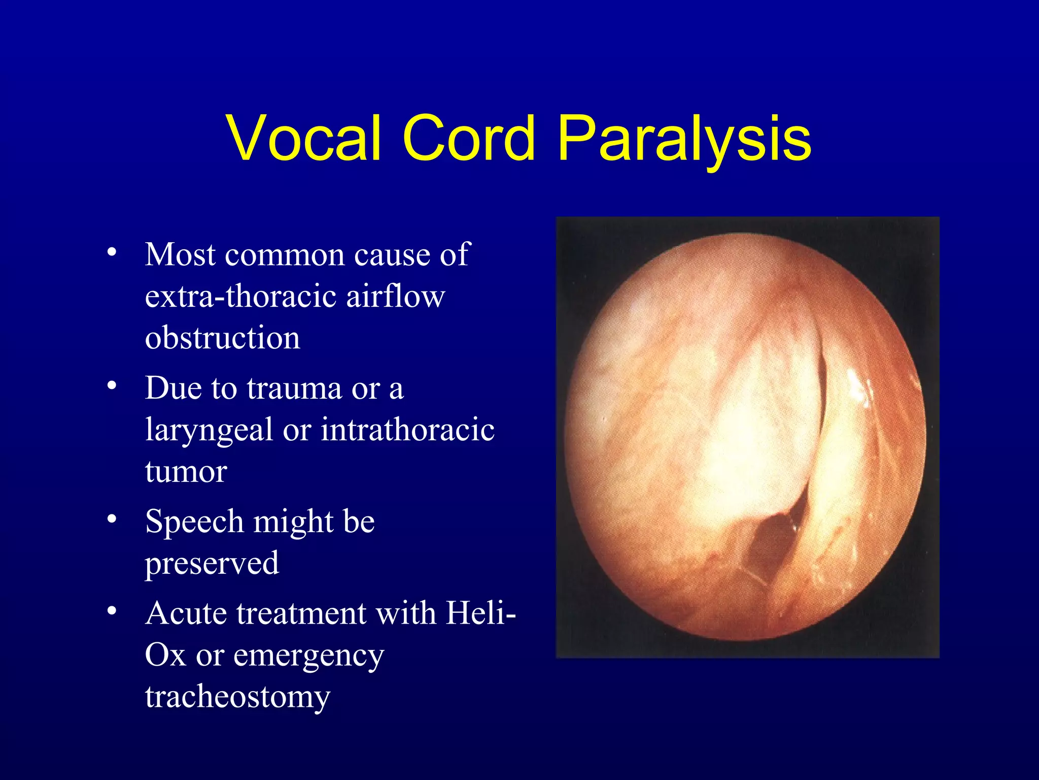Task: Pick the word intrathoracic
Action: point(407,430)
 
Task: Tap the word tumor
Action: point(186,472)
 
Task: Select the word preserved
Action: point(212,564)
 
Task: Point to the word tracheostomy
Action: point(237,698)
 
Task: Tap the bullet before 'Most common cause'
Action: point(112,252)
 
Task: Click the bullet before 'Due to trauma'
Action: point(112,386)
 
